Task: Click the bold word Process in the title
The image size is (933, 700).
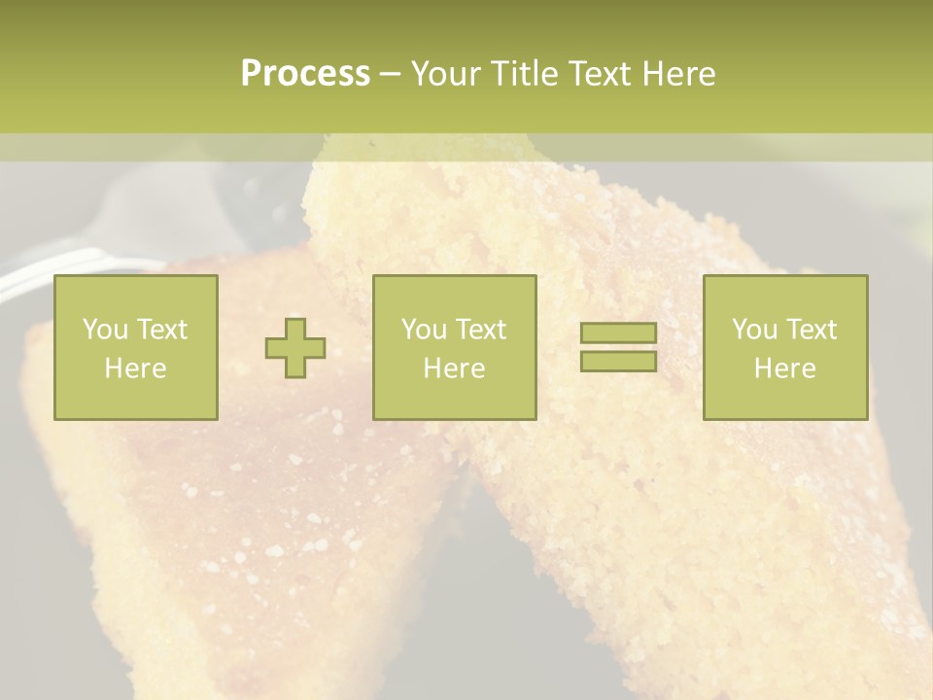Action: click(x=305, y=74)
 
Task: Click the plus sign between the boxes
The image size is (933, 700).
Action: click(x=295, y=348)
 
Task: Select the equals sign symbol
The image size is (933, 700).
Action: click(x=618, y=347)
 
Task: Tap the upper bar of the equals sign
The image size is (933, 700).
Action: click(x=618, y=333)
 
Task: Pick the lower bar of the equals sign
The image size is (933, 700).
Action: click(x=618, y=361)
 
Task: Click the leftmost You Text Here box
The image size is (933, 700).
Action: click(x=136, y=347)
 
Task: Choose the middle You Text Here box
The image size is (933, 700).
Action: click(x=454, y=347)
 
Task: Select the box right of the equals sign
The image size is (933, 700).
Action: click(x=784, y=347)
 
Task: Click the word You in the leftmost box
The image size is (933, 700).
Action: click(x=103, y=330)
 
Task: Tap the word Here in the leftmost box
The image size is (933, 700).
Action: click(x=136, y=368)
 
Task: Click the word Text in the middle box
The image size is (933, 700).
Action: click(x=480, y=330)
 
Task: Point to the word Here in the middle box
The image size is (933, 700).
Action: click(x=454, y=368)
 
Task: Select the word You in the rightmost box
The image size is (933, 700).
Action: click(x=752, y=330)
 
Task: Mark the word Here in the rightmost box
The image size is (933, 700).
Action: click(x=784, y=368)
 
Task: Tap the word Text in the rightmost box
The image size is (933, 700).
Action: click(x=811, y=330)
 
